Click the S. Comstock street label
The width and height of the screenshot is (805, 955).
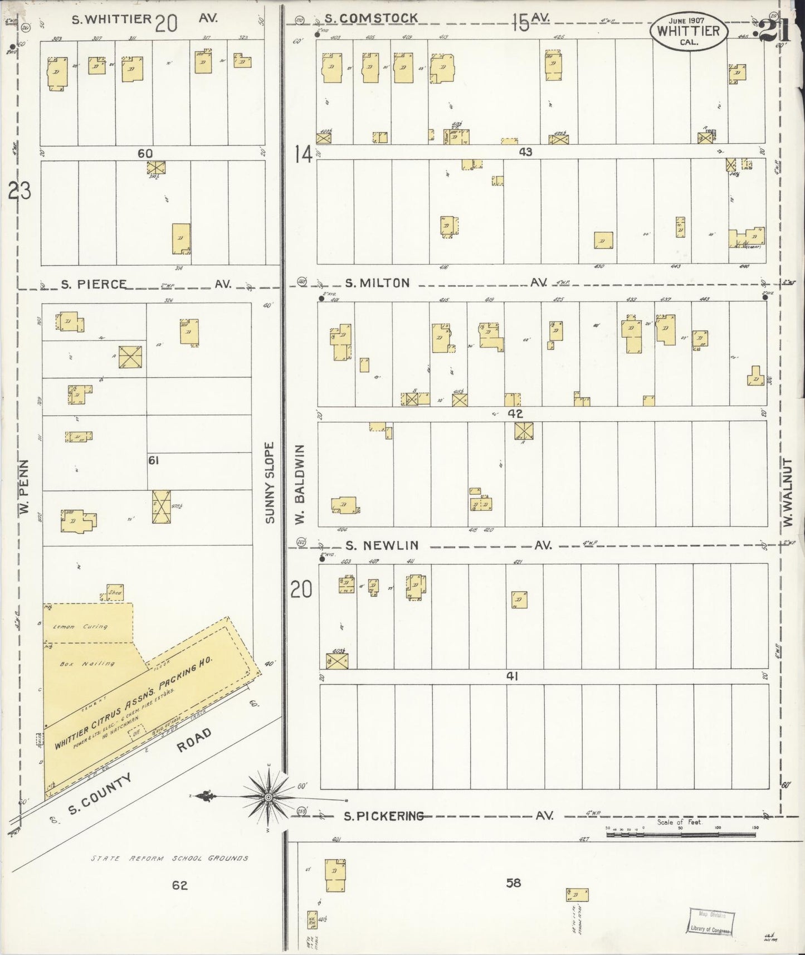pyautogui.click(x=371, y=18)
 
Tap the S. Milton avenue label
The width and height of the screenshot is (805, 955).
pyautogui.click(x=377, y=283)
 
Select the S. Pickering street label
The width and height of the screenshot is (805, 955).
pyautogui.click(x=383, y=816)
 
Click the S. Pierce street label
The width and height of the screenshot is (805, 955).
pyautogui.click(x=94, y=284)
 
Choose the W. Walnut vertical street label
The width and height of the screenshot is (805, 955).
pyautogui.click(x=787, y=492)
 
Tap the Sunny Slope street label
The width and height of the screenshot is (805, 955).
pyautogui.click(x=270, y=483)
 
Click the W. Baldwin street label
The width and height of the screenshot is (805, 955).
pyautogui.click(x=299, y=484)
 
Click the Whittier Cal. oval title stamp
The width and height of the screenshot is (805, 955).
pyautogui.click(x=688, y=31)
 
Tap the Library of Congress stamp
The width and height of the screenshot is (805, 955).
pyautogui.click(x=709, y=921)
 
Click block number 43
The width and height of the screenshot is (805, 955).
pyautogui.click(x=525, y=152)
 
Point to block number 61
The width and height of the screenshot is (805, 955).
pyautogui.click(x=153, y=460)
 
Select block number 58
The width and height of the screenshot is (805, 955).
pyautogui.click(x=513, y=883)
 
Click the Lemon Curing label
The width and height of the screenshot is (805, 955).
pyautogui.click(x=80, y=626)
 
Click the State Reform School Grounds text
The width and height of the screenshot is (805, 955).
pyautogui.click(x=169, y=858)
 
